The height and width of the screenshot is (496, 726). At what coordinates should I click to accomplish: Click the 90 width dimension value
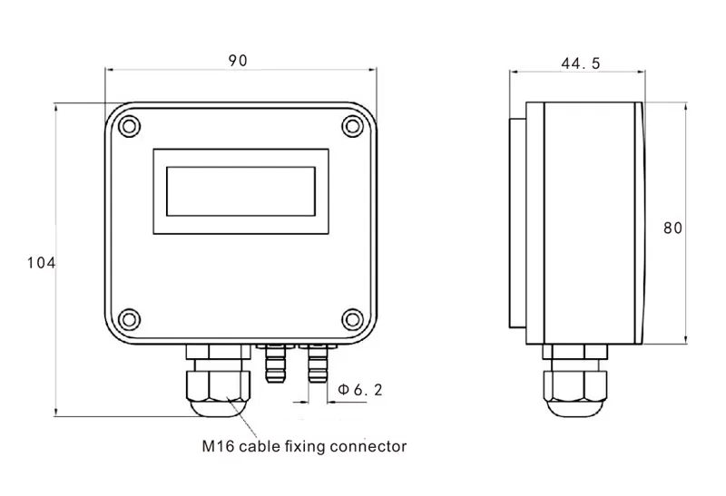coord(238,61)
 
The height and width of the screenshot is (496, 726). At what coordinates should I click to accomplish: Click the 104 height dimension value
coord(42,263)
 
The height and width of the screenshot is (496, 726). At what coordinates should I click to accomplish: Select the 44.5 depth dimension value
coord(581,63)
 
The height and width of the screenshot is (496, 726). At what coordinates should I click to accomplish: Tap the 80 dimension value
coord(672,229)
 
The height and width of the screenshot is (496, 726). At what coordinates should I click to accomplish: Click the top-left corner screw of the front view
coord(128,125)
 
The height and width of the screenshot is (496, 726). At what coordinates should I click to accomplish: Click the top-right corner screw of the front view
coord(352,125)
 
